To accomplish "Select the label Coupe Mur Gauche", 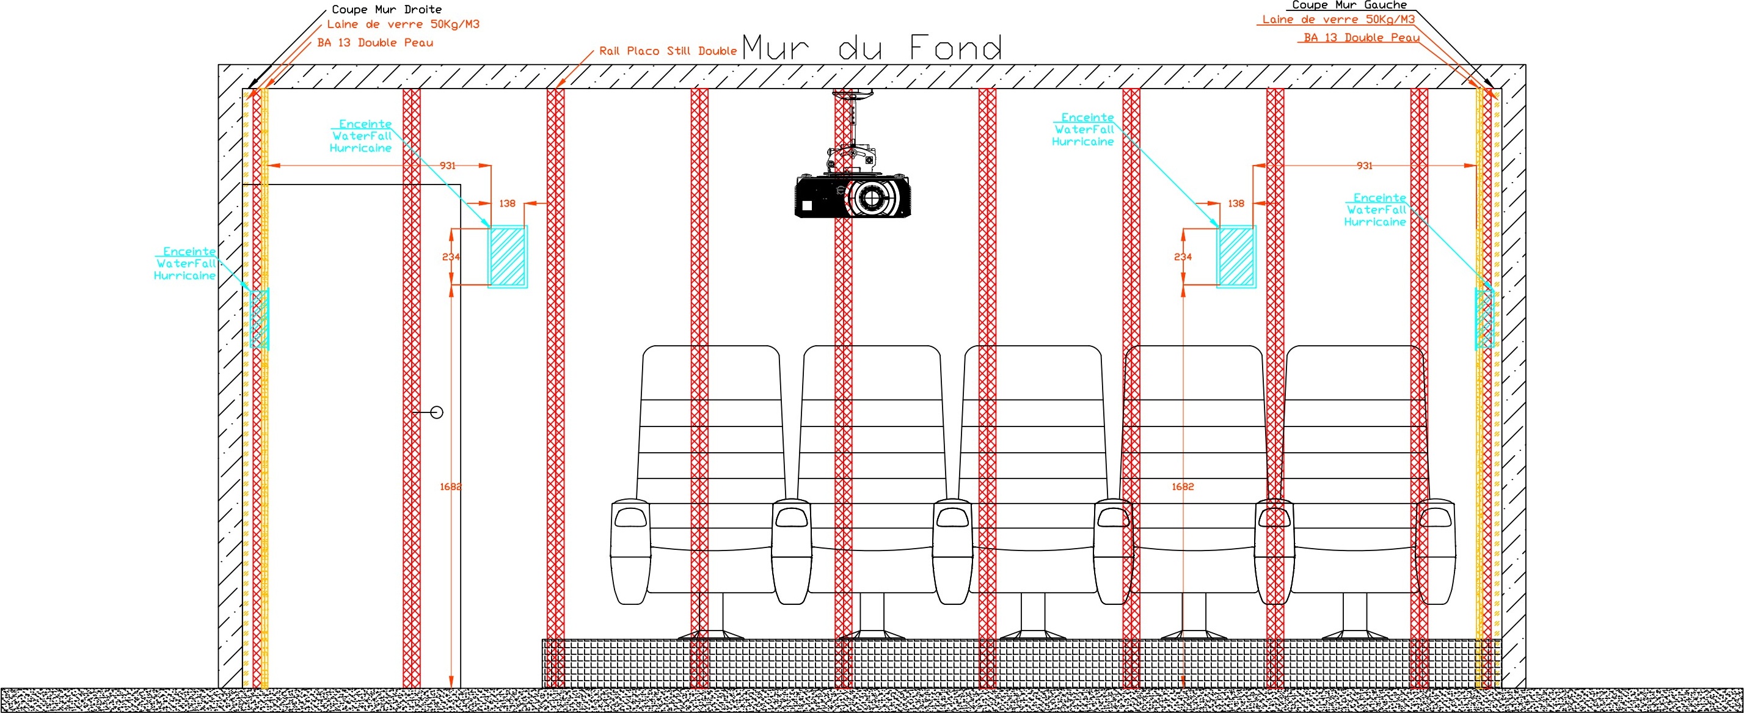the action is coord(1349,5).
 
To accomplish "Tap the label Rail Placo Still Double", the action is coord(668,51).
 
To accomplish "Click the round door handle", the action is coord(437,412).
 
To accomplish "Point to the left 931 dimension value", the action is coord(448,165).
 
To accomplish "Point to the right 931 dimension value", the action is coord(1365,165).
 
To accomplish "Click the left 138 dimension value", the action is coord(507,203).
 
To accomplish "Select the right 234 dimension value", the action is coord(1183,257).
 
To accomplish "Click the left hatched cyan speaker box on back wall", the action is coord(508,257).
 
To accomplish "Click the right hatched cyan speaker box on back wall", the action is coord(1236,257).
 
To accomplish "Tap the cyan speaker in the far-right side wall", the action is coord(1485,319).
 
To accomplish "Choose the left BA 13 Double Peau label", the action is coord(375,43).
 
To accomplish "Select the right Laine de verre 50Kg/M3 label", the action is coord(1338,20).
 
